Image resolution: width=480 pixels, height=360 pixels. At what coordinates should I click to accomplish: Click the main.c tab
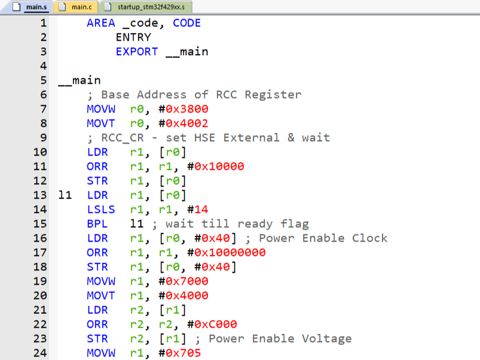77,7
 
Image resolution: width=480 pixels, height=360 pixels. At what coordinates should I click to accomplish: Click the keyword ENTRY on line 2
133,37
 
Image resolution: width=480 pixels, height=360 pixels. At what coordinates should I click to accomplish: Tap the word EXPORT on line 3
137,51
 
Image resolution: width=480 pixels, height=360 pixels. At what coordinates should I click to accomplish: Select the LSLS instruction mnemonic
101,209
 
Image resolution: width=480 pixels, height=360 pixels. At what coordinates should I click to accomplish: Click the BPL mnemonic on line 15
97,224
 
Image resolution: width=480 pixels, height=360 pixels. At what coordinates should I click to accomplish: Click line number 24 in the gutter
39,353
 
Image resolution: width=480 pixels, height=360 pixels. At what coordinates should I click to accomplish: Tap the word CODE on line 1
187,23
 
